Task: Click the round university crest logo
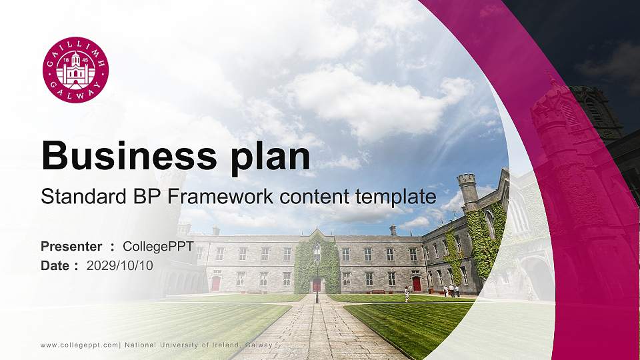point(75,70)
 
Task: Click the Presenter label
point(71,247)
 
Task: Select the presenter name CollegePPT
point(159,247)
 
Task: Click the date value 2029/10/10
point(120,265)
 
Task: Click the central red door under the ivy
point(317,285)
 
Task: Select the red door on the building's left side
point(215,283)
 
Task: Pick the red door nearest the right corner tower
point(417,283)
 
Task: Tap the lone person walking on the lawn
point(406,294)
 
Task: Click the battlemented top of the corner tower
point(467,180)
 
